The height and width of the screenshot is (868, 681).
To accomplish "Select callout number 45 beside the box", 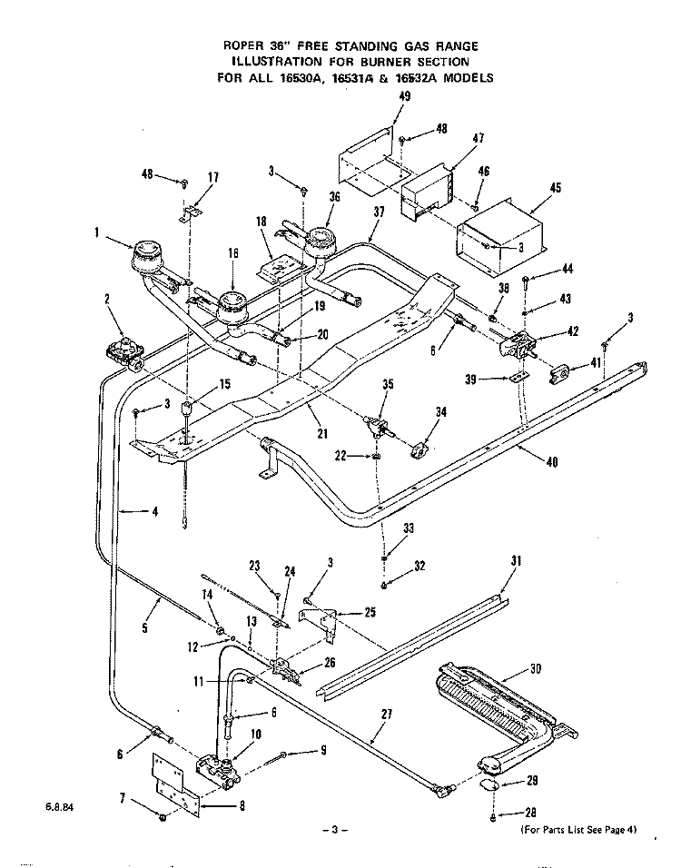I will [556, 189].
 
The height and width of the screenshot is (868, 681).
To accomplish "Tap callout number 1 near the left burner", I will [95, 232].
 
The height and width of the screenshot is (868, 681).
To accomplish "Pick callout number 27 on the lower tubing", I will [387, 714].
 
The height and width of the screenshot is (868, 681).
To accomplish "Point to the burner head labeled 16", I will [233, 304].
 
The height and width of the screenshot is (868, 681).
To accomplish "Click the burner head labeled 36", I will [320, 241].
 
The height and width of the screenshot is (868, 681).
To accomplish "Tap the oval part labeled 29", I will [489, 784].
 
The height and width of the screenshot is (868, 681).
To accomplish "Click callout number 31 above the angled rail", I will [516, 561].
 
